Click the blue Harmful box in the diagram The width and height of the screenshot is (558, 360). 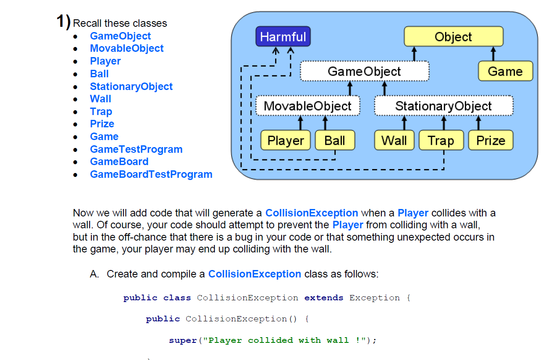point(283,36)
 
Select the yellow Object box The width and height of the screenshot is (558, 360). point(453,36)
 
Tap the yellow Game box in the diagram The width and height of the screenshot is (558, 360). point(505,71)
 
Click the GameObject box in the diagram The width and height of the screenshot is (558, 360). point(364,71)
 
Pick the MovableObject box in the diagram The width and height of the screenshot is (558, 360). point(308,106)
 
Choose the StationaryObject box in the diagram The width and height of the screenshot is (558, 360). point(443,106)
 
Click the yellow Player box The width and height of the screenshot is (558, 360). point(286,140)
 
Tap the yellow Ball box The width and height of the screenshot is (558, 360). point(335,140)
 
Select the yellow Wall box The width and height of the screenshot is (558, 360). point(394,140)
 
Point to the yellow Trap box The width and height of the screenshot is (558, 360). point(441,140)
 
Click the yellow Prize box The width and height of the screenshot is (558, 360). point(490,140)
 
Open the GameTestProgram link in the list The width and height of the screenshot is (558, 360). point(136,149)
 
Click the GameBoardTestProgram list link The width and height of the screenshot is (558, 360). point(151,174)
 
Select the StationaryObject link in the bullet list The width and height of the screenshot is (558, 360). point(131,86)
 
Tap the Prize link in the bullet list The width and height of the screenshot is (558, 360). point(102,124)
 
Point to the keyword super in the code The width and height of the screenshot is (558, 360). point(183,340)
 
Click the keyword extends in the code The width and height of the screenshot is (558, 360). point(324,298)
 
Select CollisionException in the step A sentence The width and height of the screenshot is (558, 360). point(254,274)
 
